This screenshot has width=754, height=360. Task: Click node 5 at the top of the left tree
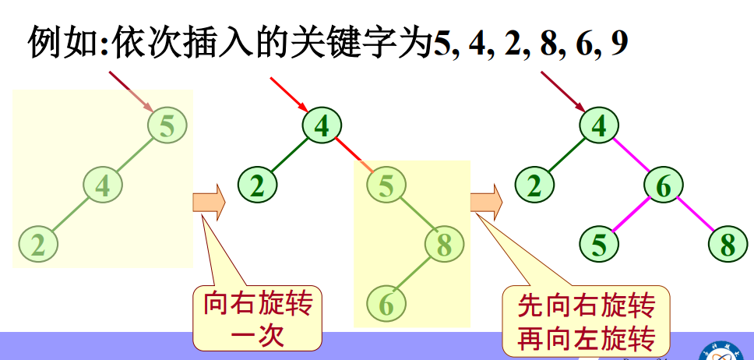[167, 125]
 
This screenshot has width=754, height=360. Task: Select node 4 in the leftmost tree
[103, 185]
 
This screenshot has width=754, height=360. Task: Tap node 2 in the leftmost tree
[37, 244]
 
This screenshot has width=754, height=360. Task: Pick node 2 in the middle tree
[258, 185]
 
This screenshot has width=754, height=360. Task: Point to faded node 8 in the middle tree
[443, 245]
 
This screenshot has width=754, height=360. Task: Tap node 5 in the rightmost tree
[599, 245]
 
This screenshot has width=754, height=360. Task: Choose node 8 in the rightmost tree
[728, 245]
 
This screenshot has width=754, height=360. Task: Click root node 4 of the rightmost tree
[599, 126]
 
